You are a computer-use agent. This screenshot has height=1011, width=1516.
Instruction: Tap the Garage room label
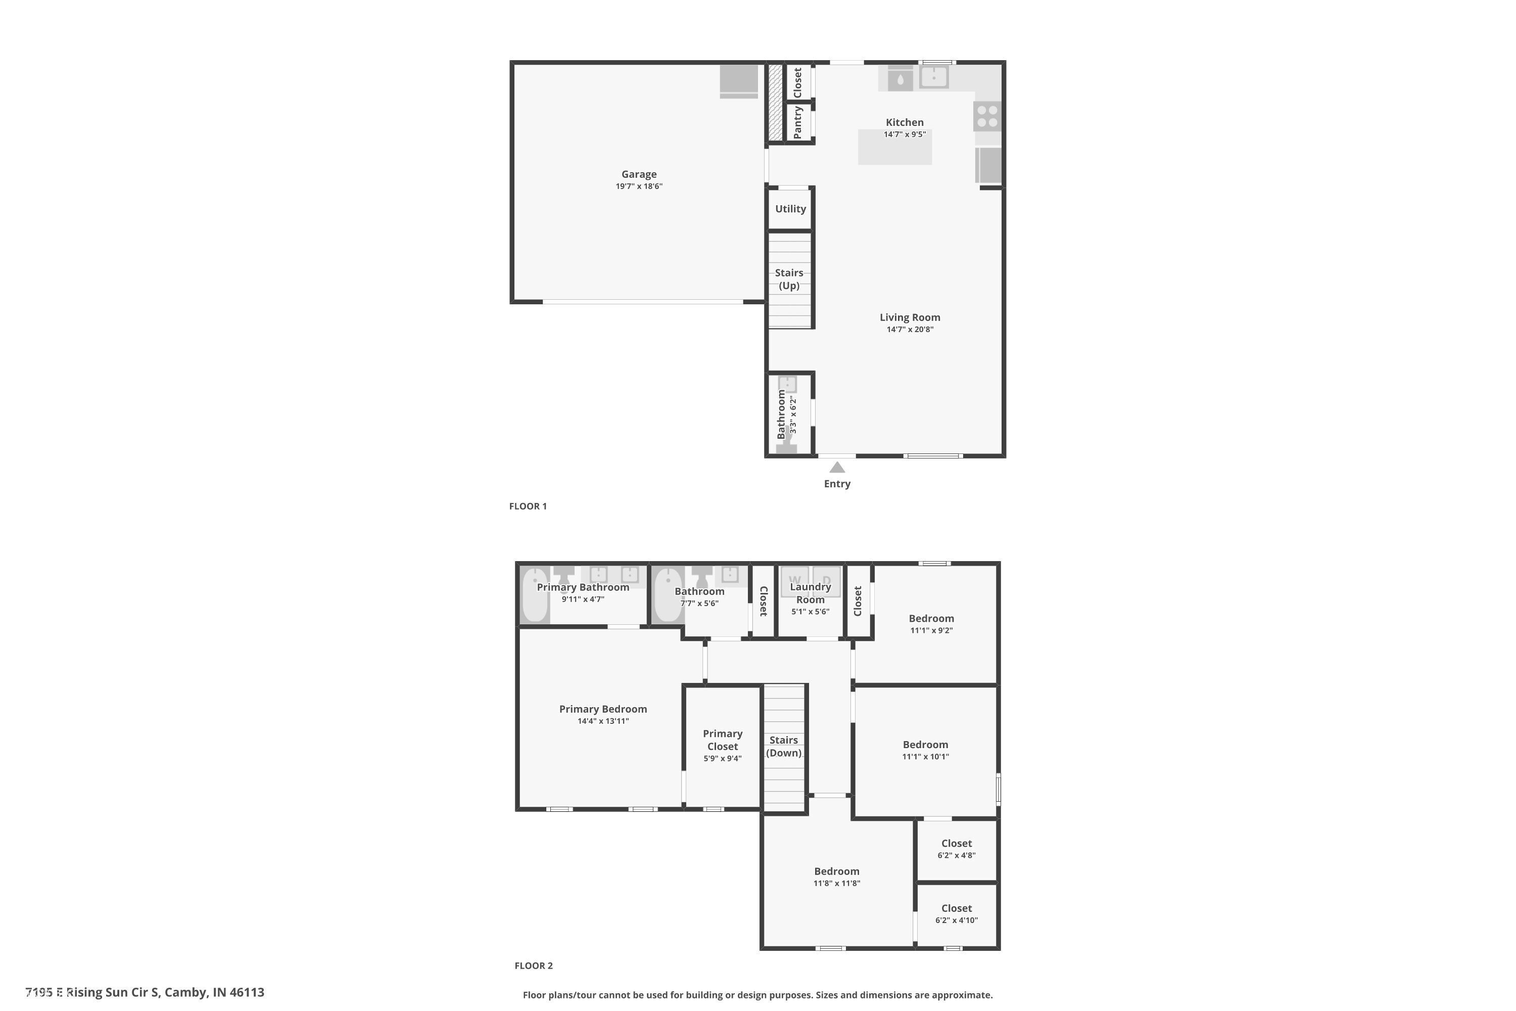pyautogui.click(x=639, y=174)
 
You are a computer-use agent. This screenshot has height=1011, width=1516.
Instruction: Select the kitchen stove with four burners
pyautogui.click(x=987, y=116)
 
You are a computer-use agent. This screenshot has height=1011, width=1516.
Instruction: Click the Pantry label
pyautogui.click(x=798, y=122)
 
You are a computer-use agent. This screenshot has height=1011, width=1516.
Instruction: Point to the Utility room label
pyautogui.click(x=790, y=209)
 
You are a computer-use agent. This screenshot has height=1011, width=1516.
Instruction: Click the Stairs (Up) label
pyautogui.click(x=789, y=279)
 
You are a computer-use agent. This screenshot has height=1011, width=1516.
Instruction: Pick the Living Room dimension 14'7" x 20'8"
pyautogui.click(x=910, y=330)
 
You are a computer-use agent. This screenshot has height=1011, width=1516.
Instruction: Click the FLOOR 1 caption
pyautogui.click(x=528, y=506)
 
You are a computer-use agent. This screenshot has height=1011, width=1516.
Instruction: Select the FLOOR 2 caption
pyautogui.click(x=534, y=965)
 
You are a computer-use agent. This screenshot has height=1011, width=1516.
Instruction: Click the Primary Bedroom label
pyautogui.click(x=603, y=709)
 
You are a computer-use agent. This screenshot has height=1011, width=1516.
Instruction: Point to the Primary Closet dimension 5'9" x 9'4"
pyautogui.click(x=723, y=758)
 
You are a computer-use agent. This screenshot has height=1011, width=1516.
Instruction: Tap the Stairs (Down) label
pyautogui.click(x=784, y=747)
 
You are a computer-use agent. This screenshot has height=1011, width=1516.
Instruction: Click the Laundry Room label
pyautogui.click(x=810, y=593)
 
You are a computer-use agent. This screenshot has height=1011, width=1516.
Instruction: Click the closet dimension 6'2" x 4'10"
pyautogui.click(x=957, y=920)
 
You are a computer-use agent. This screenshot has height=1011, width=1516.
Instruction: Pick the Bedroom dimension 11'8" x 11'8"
pyautogui.click(x=837, y=883)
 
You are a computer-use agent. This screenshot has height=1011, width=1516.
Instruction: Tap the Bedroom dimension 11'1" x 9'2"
pyautogui.click(x=931, y=630)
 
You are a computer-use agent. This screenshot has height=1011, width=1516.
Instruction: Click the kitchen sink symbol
pyautogui.click(x=933, y=77)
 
